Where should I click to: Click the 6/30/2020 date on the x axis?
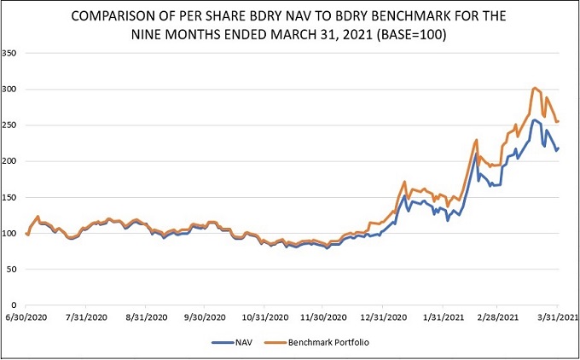[26, 316]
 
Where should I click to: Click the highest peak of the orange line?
[534, 88]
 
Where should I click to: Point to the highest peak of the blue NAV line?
[535, 120]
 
